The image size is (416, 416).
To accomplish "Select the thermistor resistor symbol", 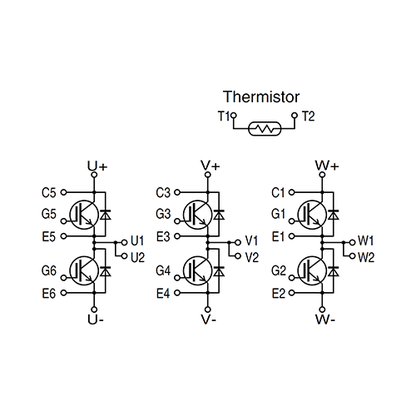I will pos(265,130).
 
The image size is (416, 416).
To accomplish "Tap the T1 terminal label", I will pos(224,116).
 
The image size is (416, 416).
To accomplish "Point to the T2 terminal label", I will pos(309,116).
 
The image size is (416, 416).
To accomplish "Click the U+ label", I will pos(97,166).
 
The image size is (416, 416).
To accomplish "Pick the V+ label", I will pos(210,166).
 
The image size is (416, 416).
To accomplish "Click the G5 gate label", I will pos(48,215).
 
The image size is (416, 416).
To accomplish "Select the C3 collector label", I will pos(163,193).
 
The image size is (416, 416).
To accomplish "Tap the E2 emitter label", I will pos(278,293).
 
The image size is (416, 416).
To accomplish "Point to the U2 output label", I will pos(138,256).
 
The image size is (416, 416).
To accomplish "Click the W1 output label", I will pos(366,240).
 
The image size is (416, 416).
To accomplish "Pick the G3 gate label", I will pos(163,215).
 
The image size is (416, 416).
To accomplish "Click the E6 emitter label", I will pos(48,293).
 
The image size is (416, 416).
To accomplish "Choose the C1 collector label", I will pos(278,193).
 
